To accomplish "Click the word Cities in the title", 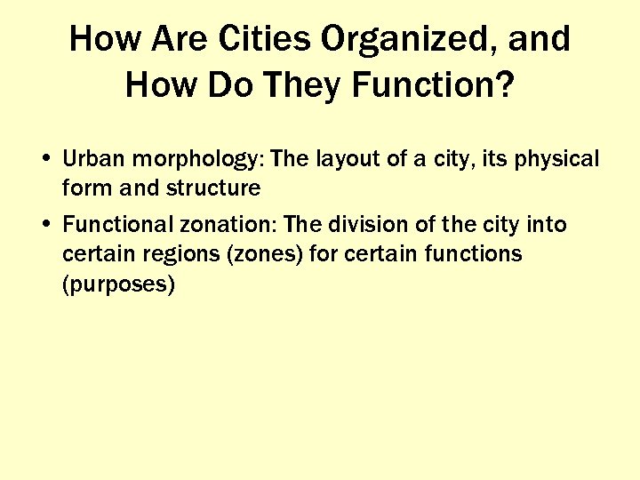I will (267, 39).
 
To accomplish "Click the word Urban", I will (88, 159).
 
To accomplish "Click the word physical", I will (558, 161).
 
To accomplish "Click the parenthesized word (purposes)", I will (118, 284).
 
